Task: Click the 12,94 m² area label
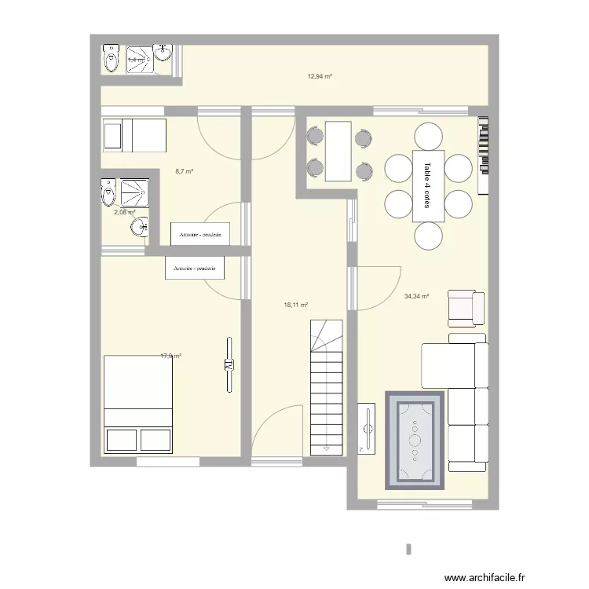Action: [x=319, y=76]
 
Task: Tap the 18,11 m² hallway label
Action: [x=295, y=305]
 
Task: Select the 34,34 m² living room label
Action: [x=415, y=296]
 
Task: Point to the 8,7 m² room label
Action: [x=185, y=171]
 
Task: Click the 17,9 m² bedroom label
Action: [x=170, y=356]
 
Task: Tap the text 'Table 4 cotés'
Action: [x=427, y=185]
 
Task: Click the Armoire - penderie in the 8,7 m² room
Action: [x=199, y=234]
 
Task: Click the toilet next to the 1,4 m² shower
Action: [x=109, y=58]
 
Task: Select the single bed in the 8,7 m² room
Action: [x=133, y=135]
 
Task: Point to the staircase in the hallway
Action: [x=327, y=389]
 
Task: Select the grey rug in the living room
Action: [x=415, y=438]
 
